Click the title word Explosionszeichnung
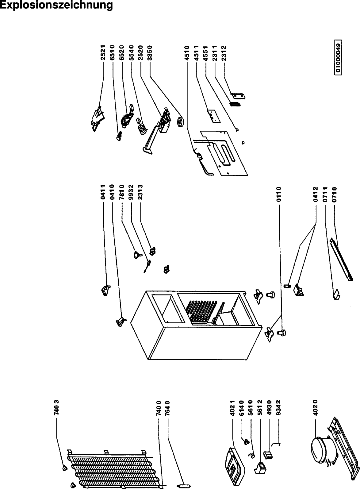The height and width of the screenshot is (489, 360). pos(56,5)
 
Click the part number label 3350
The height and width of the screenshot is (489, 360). pos(150,54)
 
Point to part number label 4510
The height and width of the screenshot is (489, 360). pos(187,54)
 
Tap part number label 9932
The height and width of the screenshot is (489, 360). pos(131,192)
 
